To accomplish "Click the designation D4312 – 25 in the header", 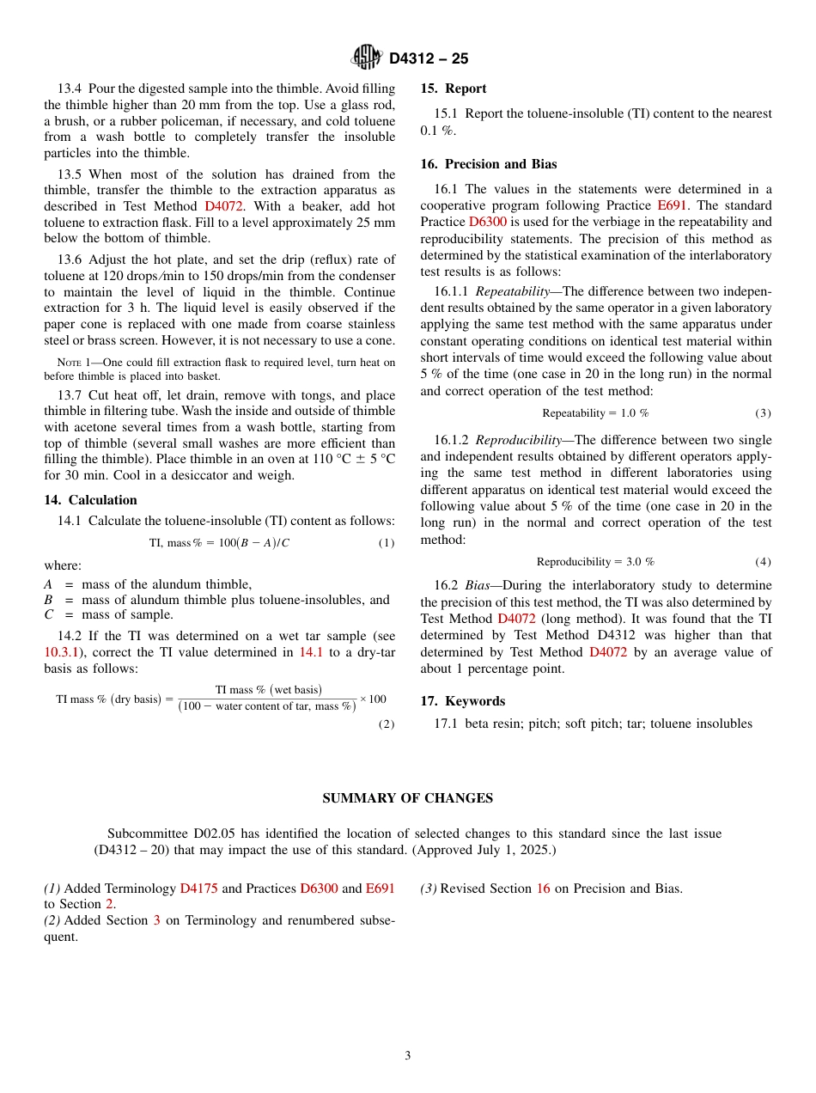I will (428, 59).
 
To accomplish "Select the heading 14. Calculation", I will (90, 500).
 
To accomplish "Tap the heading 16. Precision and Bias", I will (488, 164).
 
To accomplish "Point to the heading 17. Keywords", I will (462, 701).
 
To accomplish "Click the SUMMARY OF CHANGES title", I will (407, 798).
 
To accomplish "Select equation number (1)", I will (387, 543).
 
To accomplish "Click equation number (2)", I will (387, 724).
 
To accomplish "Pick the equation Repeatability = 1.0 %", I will (595, 413).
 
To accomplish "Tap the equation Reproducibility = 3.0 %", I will (595, 562).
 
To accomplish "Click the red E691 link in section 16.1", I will (672, 205).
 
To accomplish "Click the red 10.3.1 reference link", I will (60, 653).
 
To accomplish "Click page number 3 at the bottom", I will (408, 1056).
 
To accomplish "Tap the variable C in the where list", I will (48, 615).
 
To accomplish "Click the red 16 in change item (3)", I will (543, 888).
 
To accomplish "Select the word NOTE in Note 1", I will (69, 363).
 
